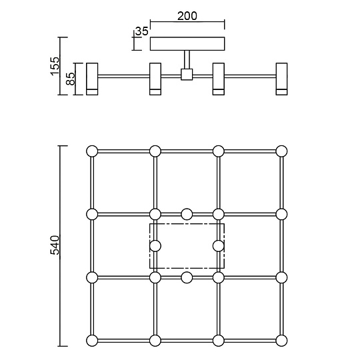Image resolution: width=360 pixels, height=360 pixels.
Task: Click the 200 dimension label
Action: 187,16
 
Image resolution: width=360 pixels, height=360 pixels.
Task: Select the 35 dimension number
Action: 142,31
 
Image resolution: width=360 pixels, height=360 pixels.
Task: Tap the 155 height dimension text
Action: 55,66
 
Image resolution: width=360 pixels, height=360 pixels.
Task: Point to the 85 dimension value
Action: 71,79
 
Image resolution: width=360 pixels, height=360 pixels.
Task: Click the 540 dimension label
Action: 55,245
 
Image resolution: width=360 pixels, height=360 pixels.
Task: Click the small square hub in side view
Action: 187,75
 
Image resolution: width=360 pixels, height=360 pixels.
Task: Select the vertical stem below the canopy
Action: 187,60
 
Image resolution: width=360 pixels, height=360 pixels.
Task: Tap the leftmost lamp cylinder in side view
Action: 92,79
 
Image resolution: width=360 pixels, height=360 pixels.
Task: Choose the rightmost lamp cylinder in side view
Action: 281,79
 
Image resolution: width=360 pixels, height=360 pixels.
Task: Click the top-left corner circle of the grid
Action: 92,151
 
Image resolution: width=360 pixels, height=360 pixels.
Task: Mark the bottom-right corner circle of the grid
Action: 281,341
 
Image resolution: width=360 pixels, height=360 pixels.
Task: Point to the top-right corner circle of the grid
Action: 281,151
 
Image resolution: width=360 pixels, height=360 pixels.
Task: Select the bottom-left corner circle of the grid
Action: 92,341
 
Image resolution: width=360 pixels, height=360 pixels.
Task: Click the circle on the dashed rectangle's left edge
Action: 155,246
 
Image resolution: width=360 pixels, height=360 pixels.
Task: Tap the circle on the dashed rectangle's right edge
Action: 219,246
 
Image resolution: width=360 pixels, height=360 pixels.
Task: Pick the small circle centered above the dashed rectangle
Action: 187,214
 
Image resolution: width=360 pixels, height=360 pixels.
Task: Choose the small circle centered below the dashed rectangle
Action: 187,277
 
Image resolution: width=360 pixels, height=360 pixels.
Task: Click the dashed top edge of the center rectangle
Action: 187,223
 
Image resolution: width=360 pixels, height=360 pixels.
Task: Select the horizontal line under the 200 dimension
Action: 187,22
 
